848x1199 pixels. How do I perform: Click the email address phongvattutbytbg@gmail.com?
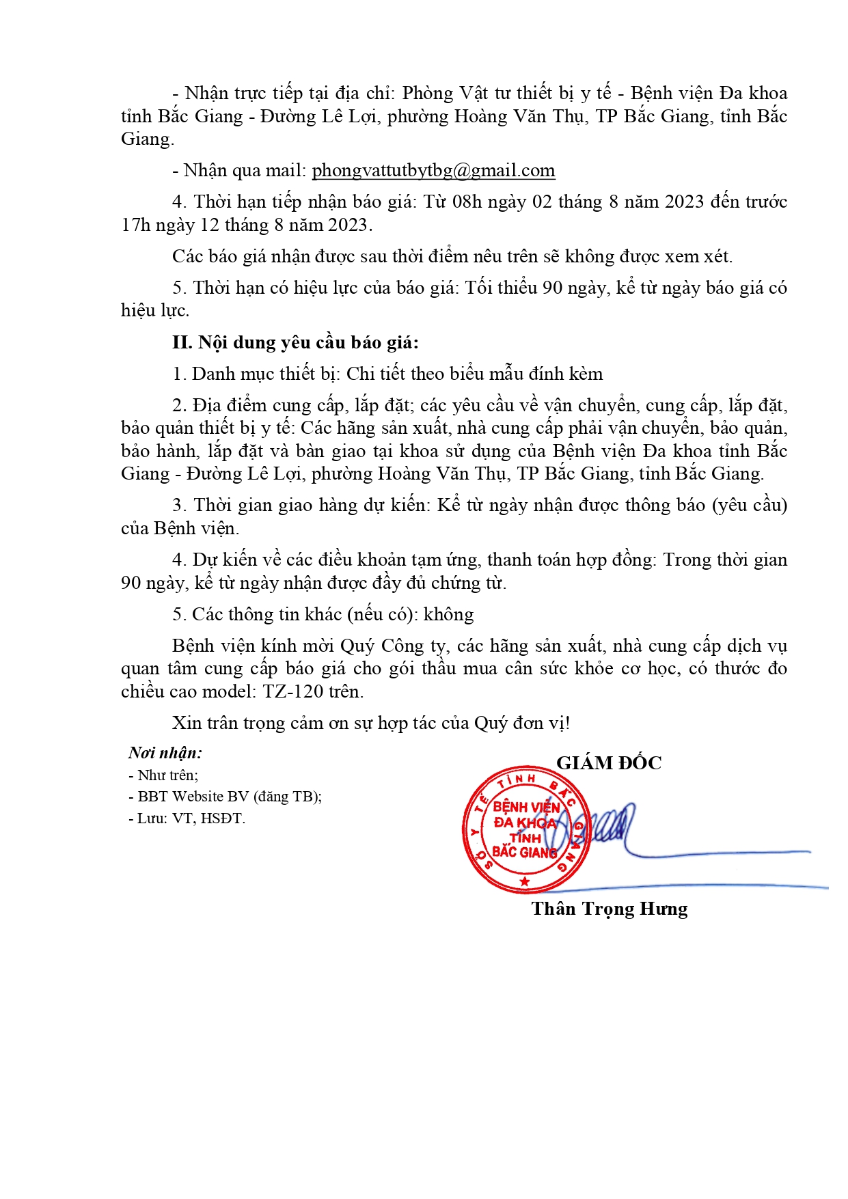433,171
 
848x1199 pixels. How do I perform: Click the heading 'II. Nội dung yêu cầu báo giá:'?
295,342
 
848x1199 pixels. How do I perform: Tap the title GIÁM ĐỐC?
608,763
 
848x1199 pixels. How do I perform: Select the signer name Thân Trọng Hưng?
609,909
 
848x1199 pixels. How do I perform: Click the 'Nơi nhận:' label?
165,753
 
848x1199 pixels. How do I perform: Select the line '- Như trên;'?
163,775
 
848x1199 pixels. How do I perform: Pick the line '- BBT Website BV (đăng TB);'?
225,797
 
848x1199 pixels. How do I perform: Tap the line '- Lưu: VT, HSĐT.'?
187,818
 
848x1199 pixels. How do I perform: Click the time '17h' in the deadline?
135,225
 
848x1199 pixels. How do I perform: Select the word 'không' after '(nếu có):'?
448,615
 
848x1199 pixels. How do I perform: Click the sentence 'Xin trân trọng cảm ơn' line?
371,723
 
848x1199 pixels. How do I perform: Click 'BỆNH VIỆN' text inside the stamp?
526,807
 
